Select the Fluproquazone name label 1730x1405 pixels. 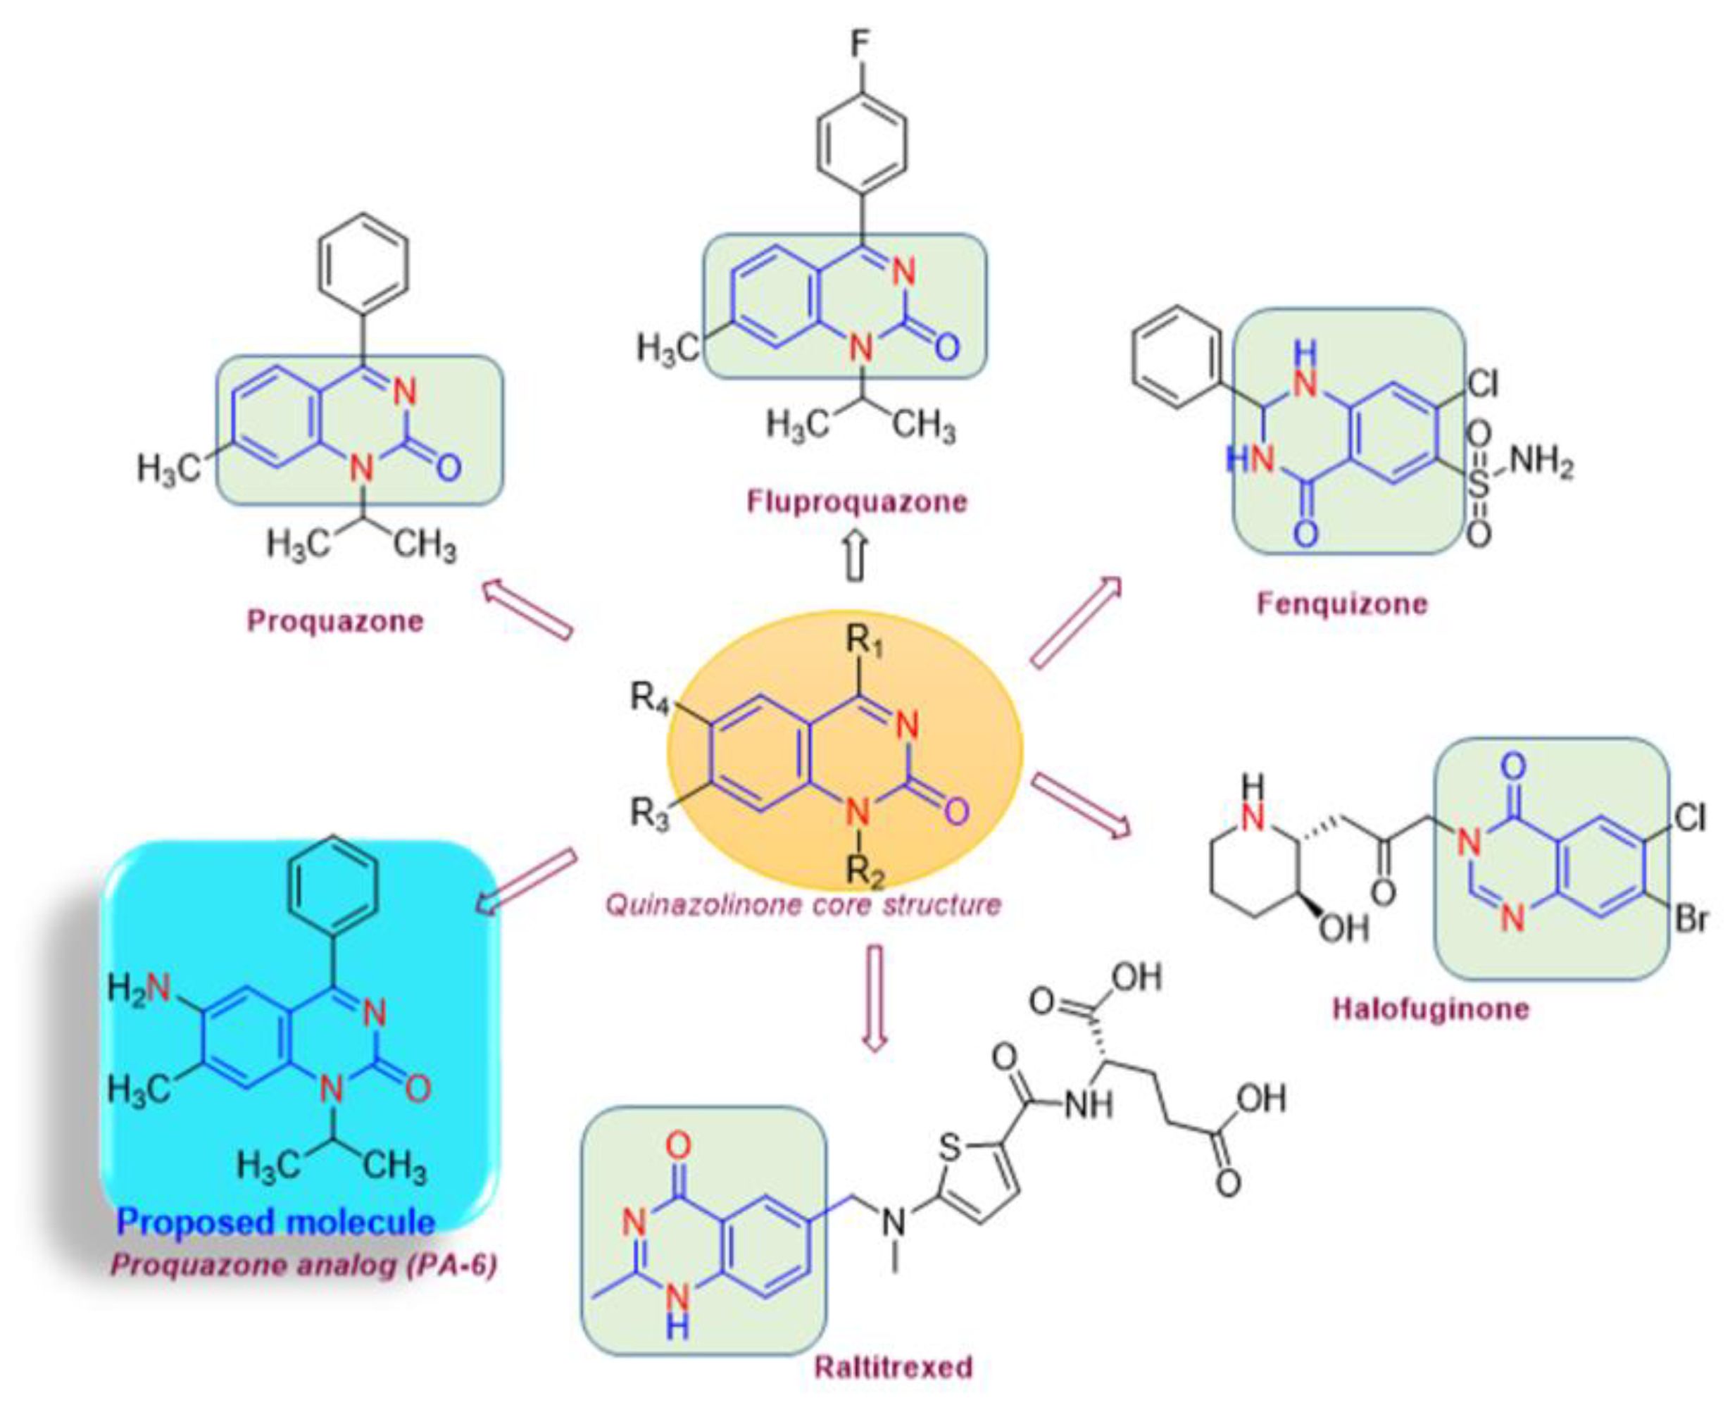(856, 501)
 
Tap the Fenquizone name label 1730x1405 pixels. (1341, 604)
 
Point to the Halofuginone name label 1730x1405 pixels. (1431, 1009)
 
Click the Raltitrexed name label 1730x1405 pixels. (893, 1367)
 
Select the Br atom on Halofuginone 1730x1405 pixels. (1690, 921)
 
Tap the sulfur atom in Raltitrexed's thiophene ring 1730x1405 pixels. (951, 1147)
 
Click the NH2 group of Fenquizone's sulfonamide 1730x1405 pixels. (1540, 463)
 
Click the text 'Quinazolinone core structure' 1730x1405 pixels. (803, 904)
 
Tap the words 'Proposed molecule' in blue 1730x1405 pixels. (276, 1221)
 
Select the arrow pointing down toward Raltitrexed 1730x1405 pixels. (872, 997)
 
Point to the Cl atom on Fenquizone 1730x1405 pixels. (1481, 385)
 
